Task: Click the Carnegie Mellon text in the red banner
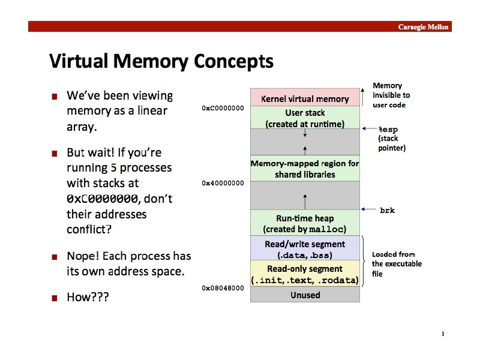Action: tap(424, 27)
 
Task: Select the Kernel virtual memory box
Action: tap(305, 98)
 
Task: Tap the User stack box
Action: tap(305, 118)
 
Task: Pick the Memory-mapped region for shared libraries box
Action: tap(305, 169)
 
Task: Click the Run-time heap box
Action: tap(305, 223)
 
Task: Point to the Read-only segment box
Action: tap(305, 274)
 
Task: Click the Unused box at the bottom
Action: tap(305, 295)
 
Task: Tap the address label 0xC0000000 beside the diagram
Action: tap(223, 108)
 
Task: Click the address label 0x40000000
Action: tap(223, 183)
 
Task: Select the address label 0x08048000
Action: tap(223, 288)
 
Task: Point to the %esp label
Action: tap(388, 129)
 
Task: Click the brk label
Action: tap(388, 211)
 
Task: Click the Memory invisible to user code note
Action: tap(391, 95)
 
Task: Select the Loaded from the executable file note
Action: tap(397, 264)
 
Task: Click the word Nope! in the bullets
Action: tap(83, 256)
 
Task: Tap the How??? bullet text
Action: tap(88, 297)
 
